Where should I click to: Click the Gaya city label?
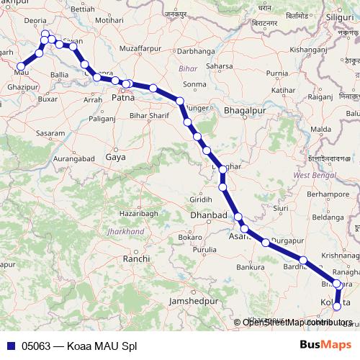pos(115,156)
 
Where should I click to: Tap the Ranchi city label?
pos(136,258)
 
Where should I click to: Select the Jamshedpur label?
pos(192,300)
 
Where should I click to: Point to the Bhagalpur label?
pos(245,112)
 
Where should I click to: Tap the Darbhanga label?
pos(194,52)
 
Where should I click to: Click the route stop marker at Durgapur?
pos(266,243)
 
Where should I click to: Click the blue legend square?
pos(10,345)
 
